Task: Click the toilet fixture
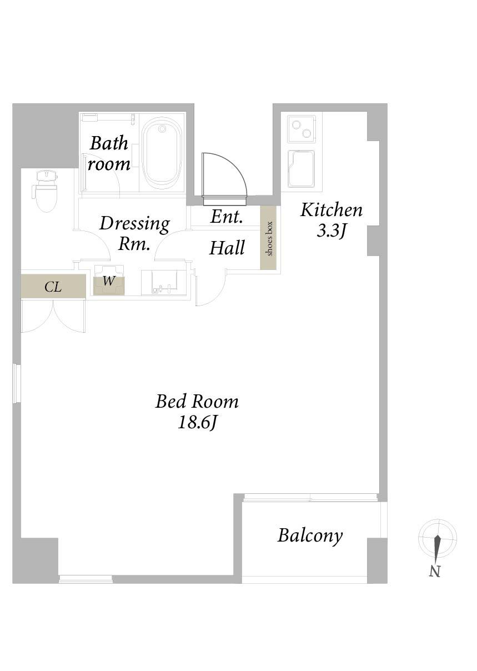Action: [46, 191]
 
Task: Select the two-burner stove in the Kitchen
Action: [302, 129]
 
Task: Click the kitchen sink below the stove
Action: [301, 169]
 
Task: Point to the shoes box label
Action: [269, 238]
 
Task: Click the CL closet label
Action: [53, 287]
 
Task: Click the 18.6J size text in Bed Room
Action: [197, 423]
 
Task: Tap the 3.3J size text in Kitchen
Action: [332, 231]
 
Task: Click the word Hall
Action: [227, 248]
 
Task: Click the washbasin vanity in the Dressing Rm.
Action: [165, 283]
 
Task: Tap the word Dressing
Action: [134, 224]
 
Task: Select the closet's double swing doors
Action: [53, 316]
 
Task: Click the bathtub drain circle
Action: [162, 129]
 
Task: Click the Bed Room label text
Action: [197, 402]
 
